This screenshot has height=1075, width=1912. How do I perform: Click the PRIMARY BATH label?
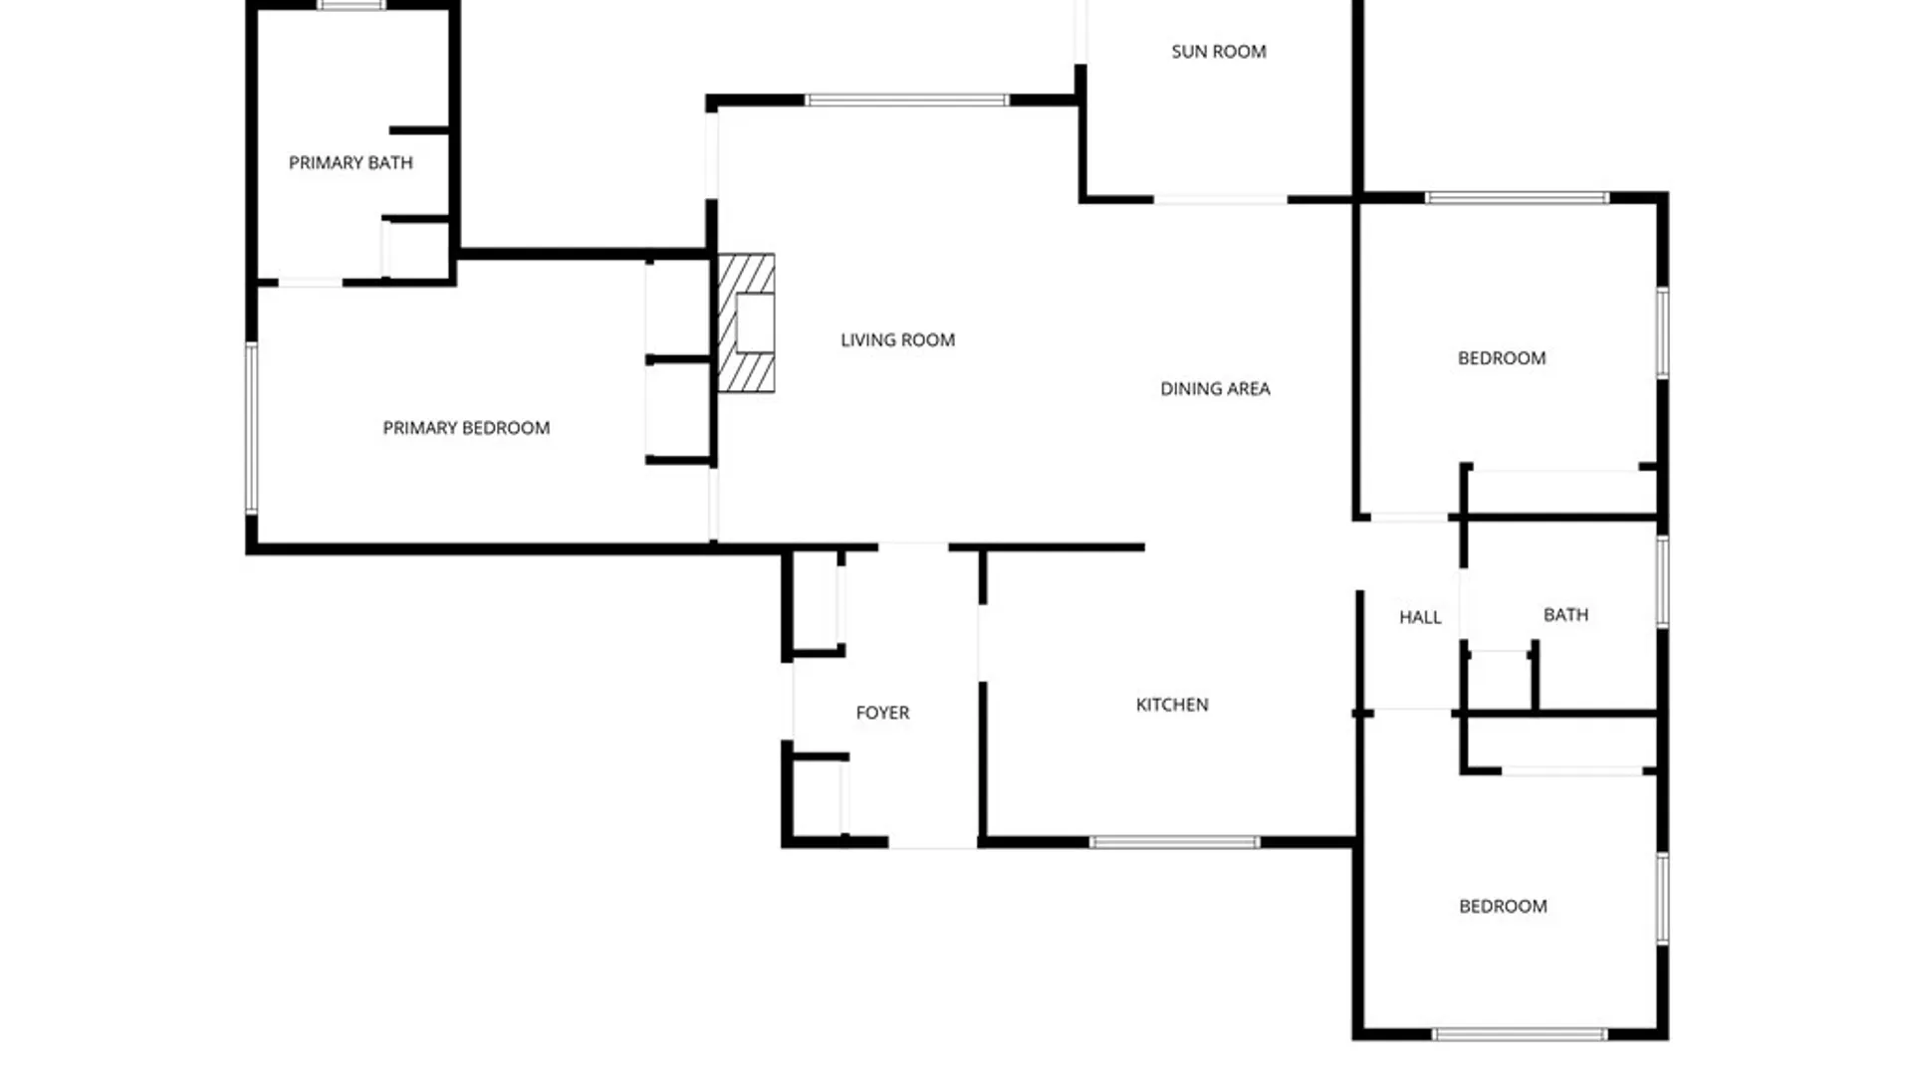[x=351, y=162]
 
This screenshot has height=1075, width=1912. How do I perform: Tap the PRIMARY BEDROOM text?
[x=466, y=428]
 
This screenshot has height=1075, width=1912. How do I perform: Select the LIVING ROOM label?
[x=897, y=340]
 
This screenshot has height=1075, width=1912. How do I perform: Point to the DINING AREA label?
[x=1215, y=389]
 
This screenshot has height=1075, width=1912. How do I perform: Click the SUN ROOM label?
[x=1219, y=52]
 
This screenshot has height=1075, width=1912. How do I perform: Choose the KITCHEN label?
[x=1172, y=705]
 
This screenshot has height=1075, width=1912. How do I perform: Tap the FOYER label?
[x=882, y=713]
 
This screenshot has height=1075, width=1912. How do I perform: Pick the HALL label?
[x=1420, y=617]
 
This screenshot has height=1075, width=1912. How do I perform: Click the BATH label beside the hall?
[x=1565, y=615]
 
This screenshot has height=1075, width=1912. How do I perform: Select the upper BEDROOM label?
[x=1502, y=358]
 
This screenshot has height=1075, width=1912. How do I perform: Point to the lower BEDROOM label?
[x=1503, y=907]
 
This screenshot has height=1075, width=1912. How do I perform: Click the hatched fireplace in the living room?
[x=747, y=323]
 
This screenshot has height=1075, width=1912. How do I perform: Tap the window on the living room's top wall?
[x=906, y=101]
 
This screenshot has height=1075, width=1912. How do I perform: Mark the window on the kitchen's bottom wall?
[x=1175, y=843]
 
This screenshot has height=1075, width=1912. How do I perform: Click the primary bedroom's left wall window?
[x=252, y=429]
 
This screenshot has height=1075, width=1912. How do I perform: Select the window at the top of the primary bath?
[x=352, y=5]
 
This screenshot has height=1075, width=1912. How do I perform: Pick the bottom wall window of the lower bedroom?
[x=1520, y=1035]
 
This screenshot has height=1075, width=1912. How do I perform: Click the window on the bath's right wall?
[x=1662, y=582]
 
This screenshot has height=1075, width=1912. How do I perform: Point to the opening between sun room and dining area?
[x=1221, y=200]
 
